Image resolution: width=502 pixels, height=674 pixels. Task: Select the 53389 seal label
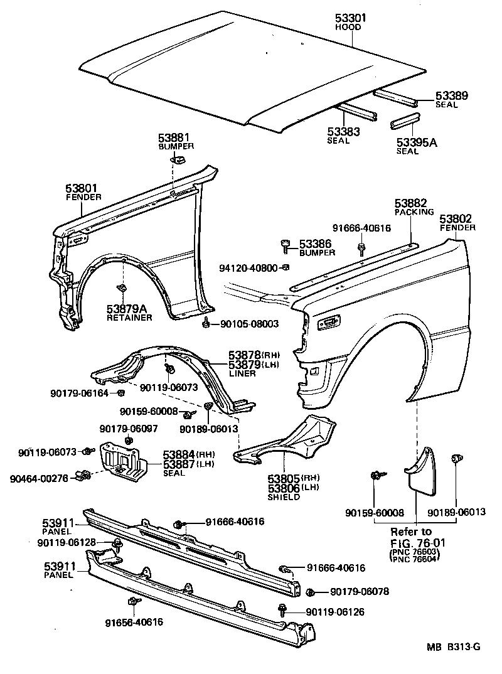tap(452, 95)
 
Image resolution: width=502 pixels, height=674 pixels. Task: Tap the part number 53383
tap(343, 132)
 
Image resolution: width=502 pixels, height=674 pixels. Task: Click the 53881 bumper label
tap(174, 137)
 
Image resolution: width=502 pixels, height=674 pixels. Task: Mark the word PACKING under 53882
tap(414, 212)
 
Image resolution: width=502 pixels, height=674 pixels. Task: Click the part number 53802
tap(456, 218)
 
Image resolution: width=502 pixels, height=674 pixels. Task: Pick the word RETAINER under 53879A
tap(129, 318)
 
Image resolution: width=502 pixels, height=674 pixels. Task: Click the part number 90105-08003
tap(249, 324)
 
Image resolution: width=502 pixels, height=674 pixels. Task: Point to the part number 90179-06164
tap(80, 393)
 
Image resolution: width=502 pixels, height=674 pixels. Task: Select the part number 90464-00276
tap(39, 478)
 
